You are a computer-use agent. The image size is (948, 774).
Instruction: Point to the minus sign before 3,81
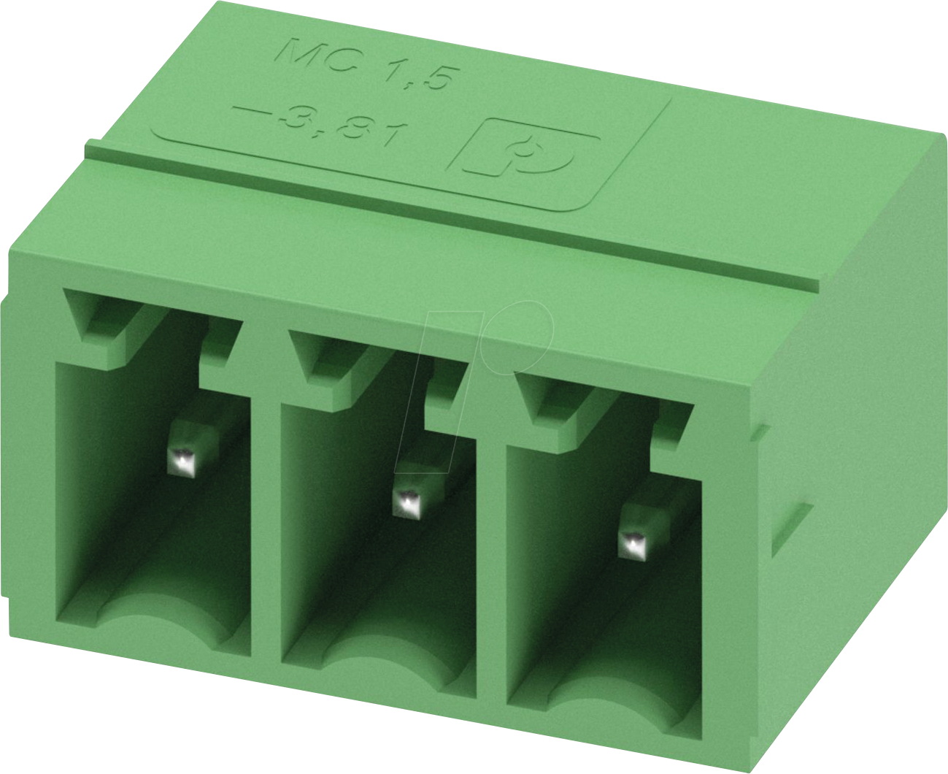click(x=251, y=113)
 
